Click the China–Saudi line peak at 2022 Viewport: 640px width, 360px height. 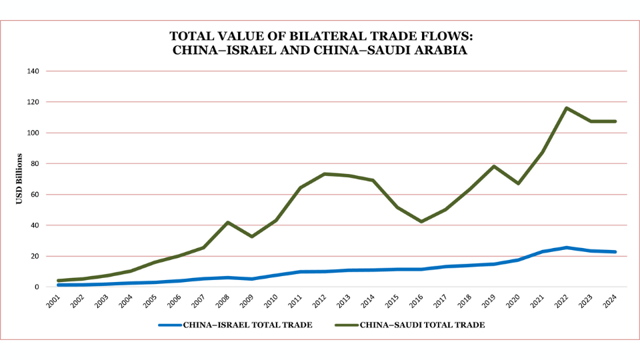[x=566, y=108]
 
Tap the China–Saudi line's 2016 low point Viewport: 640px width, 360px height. [x=421, y=221]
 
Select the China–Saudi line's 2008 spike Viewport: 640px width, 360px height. [x=228, y=222]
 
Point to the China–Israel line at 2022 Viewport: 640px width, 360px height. [x=566, y=247]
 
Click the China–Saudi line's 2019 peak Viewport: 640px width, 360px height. [x=494, y=166]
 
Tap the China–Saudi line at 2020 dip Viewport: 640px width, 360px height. [x=518, y=183]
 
